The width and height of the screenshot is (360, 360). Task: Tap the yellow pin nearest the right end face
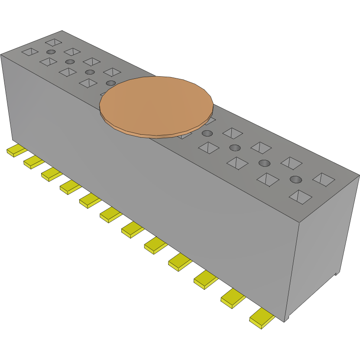(262, 318)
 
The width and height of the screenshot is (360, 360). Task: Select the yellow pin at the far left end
(16, 150)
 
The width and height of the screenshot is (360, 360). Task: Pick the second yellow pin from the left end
(33, 162)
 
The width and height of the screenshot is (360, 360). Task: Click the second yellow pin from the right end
(233, 298)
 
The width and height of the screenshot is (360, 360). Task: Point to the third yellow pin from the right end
(206, 279)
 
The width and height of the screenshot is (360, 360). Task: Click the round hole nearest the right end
(295, 179)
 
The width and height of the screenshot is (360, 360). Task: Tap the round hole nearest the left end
(51, 52)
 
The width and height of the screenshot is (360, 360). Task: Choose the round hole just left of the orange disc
(111, 83)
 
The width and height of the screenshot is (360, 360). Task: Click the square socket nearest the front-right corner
(300, 197)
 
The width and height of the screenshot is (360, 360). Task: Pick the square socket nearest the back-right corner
(324, 179)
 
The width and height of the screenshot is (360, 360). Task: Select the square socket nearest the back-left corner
(54, 42)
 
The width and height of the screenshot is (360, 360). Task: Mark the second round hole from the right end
(264, 163)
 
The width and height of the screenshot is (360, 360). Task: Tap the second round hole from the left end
(69, 62)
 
